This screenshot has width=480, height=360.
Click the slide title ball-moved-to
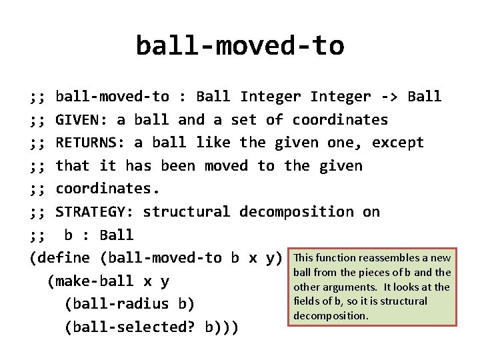(240, 46)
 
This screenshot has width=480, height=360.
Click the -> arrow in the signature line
(389, 97)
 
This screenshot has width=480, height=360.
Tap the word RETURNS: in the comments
(90, 143)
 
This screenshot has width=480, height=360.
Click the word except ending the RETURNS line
(397, 143)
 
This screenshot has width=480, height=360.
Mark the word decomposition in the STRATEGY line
(296, 212)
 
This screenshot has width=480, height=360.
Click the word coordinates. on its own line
(107, 189)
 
